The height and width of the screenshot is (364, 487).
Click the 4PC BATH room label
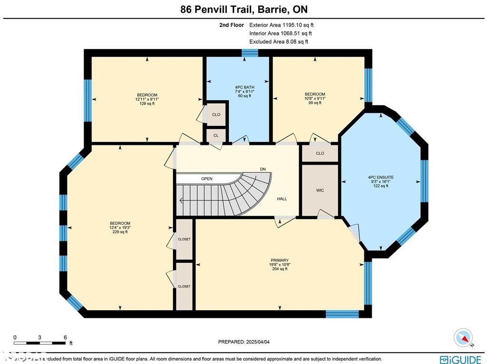(244, 87)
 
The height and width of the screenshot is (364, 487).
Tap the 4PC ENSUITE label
(380, 177)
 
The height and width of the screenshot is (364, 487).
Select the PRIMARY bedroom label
(280, 260)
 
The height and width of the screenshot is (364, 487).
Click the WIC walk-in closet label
(320, 190)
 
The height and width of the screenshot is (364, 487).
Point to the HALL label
(282, 199)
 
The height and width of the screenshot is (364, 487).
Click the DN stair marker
(263, 169)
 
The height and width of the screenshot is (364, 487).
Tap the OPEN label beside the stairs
(206, 179)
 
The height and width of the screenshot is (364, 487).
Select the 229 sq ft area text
(120, 232)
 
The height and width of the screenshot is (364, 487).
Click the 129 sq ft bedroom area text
(147, 104)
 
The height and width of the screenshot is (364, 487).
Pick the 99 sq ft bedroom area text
(315, 103)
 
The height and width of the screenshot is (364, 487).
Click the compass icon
(463, 337)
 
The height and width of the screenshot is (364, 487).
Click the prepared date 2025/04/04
(246, 342)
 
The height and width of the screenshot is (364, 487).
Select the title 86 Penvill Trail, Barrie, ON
(243, 10)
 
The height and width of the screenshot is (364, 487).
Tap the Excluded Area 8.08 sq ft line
(279, 42)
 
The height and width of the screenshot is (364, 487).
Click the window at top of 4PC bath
(247, 53)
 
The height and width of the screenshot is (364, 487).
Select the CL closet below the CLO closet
(216, 135)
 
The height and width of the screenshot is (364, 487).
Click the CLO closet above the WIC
(320, 153)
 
